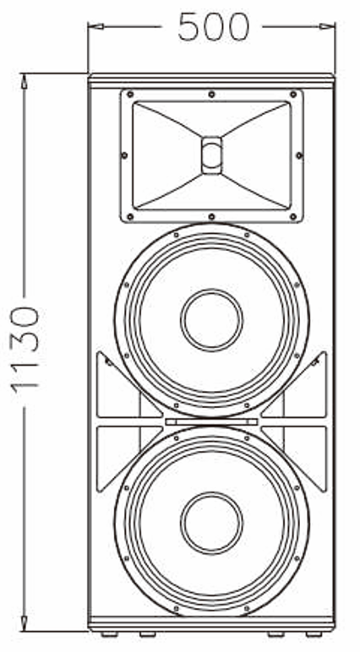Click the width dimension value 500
click(212, 28)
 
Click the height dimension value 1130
click(25, 348)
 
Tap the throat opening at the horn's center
click(211, 155)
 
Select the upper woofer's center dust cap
click(211, 319)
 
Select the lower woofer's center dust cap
click(211, 522)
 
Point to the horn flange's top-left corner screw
click(129, 95)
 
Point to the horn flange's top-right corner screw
click(293, 95)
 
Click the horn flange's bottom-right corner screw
click(293, 217)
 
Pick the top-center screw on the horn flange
click(211, 94)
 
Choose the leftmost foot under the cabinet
click(108, 633)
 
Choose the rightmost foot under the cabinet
click(315, 633)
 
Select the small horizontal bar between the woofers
click(211, 421)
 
